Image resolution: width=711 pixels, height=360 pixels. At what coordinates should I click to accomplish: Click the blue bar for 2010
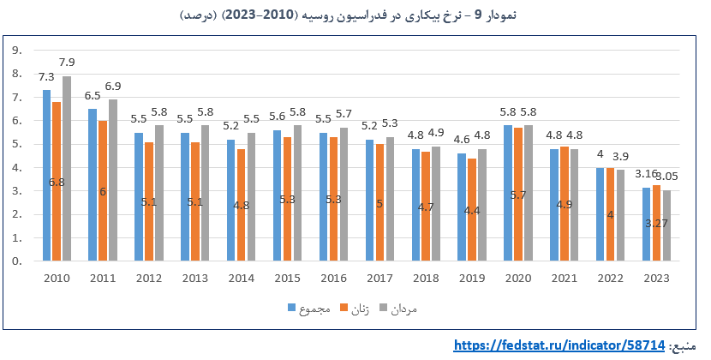pyautogui.click(x=47, y=175)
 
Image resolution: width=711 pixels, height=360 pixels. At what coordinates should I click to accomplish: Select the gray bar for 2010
pyautogui.click(x=67, y=168)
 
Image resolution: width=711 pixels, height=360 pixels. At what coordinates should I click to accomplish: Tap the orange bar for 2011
pyautogui.click(x=103, y=190)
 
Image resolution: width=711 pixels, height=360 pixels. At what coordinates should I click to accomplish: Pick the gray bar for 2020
pyautogui.click(x=529, y=193)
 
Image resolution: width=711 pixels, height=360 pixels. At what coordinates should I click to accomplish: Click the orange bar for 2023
pyautogui.click(x=656, y=223)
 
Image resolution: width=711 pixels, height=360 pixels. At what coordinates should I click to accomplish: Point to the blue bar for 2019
pyautogui.click(x=462, y=207)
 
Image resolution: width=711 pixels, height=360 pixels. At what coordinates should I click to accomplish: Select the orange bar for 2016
pyautogui.click(x=333, y=199)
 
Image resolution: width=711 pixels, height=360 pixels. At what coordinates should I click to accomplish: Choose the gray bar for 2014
pyautogui.click(x=251, y=196)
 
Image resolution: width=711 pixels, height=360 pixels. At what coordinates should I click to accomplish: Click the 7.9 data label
pyautogui.click(x=67, y=63)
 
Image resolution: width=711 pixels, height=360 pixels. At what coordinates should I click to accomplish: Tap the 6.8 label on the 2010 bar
pyautogui.click(x=57, y=183)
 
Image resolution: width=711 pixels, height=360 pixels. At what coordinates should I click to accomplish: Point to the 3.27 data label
pyautogui.click(x=656, y=224)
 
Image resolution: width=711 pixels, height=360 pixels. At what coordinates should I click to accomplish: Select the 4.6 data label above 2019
pyautogui.click(x=462, y=140)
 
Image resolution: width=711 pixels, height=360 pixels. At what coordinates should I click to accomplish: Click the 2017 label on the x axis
pyautogui.click(x=379, y=279)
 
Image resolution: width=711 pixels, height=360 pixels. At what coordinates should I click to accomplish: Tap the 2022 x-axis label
pyautogui.click(x=610, y=279)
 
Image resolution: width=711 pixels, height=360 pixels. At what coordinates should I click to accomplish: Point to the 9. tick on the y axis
pyautogui.click(x=17, y=51)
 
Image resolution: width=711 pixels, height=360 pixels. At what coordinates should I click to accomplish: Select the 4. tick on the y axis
pyautogui.click(x=17, y=167)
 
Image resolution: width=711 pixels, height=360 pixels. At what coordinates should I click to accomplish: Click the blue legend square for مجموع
pyautogui.click(x=291, y=308)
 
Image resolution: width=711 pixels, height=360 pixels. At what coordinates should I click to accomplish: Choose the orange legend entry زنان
pyautogui.click(x=355, y=309)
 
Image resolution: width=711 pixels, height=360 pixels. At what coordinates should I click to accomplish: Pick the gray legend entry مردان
pyautogui.click(x=398, y=309)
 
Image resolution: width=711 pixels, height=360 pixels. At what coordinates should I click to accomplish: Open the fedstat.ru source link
pyautogui.click(x=559, y=345)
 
